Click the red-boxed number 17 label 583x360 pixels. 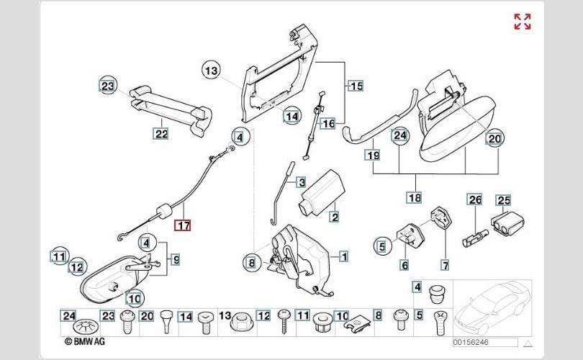click(184, 225)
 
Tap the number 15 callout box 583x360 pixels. click(356, 86)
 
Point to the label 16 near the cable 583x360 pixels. click(328, 123)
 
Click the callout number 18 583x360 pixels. click(414, 197)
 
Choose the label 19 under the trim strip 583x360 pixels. click(373, 154)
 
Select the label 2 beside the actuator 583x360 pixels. click(334, 216)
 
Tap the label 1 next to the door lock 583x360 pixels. click(344, 256)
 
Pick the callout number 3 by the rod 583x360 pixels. click(301, 182)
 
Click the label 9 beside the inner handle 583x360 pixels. click(175, 258)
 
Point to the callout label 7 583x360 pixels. click(444, 264)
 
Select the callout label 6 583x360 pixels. click(405, 264)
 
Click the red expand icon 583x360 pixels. click(522, 22)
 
